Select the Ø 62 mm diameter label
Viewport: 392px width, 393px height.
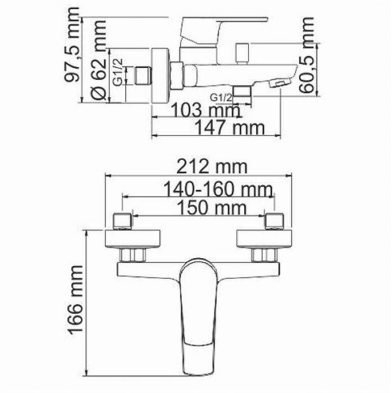pos(99,61)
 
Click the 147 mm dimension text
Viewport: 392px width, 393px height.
pos(229,127)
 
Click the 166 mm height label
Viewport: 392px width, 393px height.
pos(74,300)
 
